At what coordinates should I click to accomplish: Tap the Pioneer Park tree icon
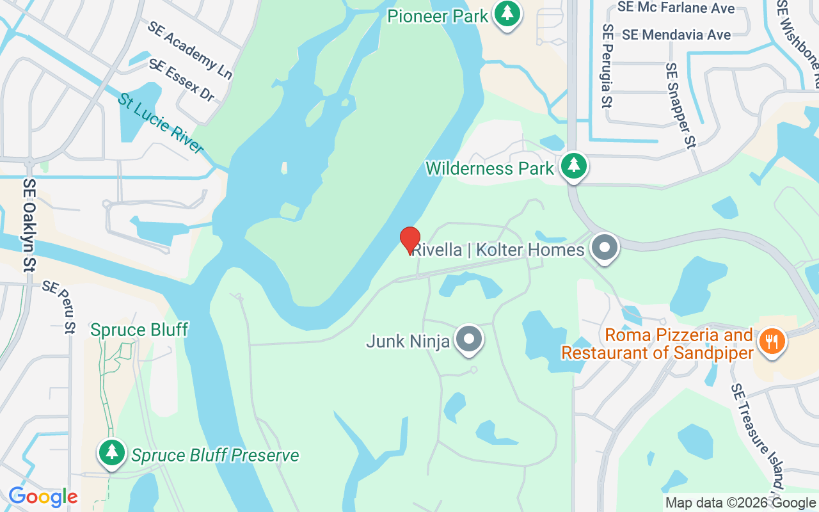click(507, 13)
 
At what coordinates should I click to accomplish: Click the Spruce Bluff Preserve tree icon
click(113, 452)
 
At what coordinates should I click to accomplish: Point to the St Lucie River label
click(160, 124)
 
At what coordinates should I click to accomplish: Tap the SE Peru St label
click(59, 307)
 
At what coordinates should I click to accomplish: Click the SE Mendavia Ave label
click(676, 35)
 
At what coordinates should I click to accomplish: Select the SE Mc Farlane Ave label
click(676, 8)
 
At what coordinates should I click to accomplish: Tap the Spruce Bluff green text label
click(139, 330)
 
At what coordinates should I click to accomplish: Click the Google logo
click(43, 497)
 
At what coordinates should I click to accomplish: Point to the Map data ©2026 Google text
click(740, 503)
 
